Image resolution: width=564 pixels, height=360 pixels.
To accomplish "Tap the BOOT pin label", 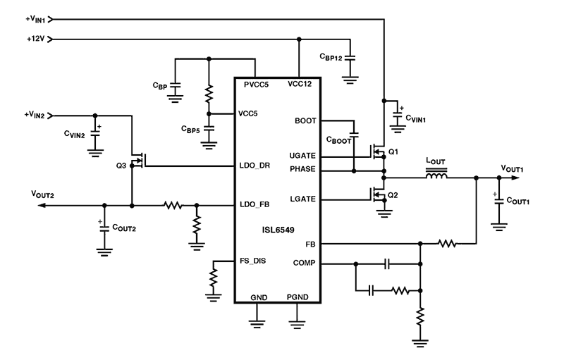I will tap(305, 120).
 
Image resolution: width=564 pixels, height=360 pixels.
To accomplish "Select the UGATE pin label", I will tap(302, 156).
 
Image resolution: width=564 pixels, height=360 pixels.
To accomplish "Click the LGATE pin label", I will tap(302, 199).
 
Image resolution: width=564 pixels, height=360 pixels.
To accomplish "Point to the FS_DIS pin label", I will tap(253, 261).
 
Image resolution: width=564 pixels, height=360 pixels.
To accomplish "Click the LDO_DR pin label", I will tap(255, 167).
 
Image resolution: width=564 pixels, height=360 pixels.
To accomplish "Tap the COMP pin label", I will tap(304, 263).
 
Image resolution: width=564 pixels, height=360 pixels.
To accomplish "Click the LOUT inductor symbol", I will tap(438, 177).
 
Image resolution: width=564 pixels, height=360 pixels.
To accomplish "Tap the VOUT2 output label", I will tap(44, 192).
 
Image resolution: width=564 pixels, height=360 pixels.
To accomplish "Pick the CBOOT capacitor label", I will tap(341, 140).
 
